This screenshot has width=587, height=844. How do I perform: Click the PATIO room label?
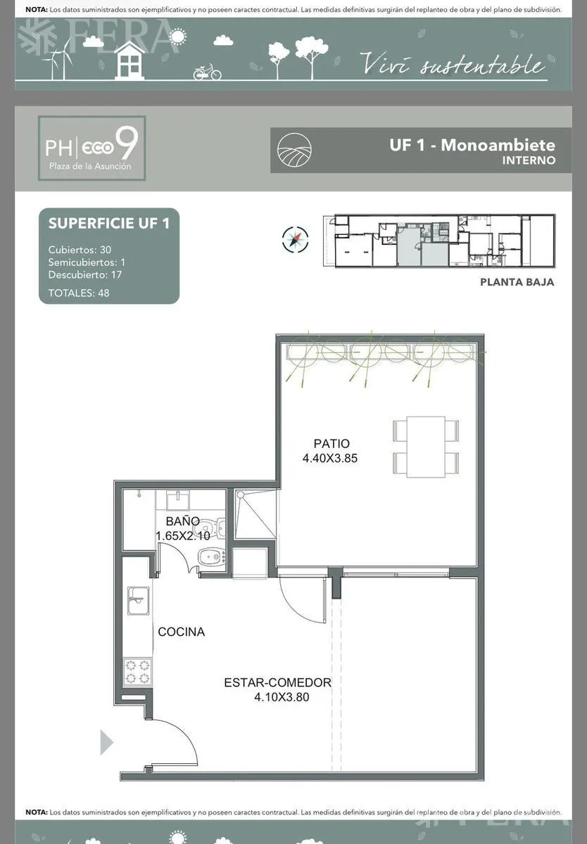(x=332, y=444)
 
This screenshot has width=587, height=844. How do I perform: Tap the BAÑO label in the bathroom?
(x=182, y=521)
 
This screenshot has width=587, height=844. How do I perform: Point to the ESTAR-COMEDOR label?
(x=277, y=682)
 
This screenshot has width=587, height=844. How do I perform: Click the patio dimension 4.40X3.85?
(x=330, y=458)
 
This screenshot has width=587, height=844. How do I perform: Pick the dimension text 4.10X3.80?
(x=282, y=697)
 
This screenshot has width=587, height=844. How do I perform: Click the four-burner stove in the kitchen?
(x=138, y=672)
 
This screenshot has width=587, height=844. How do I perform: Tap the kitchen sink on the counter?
(x=138, y=601)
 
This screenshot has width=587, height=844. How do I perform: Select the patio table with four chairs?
(x=426, y=447)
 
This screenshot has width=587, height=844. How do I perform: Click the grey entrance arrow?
(x=106, y=742)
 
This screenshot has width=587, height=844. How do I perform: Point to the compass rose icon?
(x=295, y=239)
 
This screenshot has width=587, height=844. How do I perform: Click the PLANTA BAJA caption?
(x=517, y=282)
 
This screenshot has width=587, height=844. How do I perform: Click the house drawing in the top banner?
(x=130, y=60)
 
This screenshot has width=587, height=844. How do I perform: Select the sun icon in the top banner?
(x=178, y=36)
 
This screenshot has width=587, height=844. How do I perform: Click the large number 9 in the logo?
(x=126, y=143)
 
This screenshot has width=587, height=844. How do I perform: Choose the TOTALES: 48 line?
(x=79, y=293)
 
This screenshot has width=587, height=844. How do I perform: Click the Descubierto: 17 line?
(x=85, y=274)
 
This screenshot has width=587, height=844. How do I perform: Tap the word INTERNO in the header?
(x=529, y=160)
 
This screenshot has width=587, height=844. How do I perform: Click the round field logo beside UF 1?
(x=294, y=150)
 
